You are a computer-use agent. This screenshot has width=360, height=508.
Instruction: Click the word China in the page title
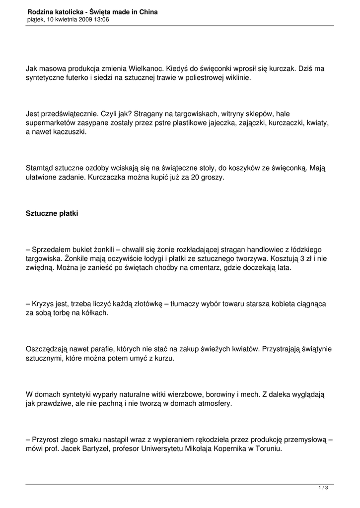pos(147,11)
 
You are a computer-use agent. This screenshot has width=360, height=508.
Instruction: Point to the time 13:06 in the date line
pos(101,19)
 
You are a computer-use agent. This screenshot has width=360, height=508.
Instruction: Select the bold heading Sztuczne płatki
pos(52,214)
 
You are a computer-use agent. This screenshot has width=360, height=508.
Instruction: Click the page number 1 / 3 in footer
pos(323,488)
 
